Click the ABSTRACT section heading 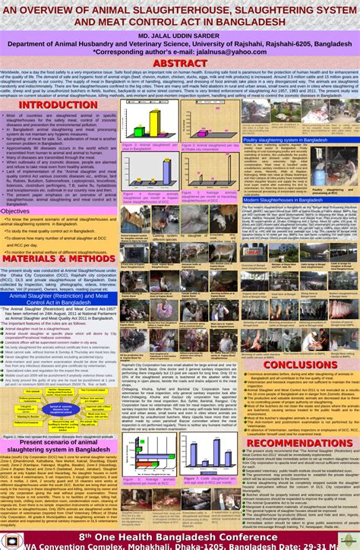180,62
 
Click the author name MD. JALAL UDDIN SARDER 179,36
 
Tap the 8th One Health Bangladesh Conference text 180,536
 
